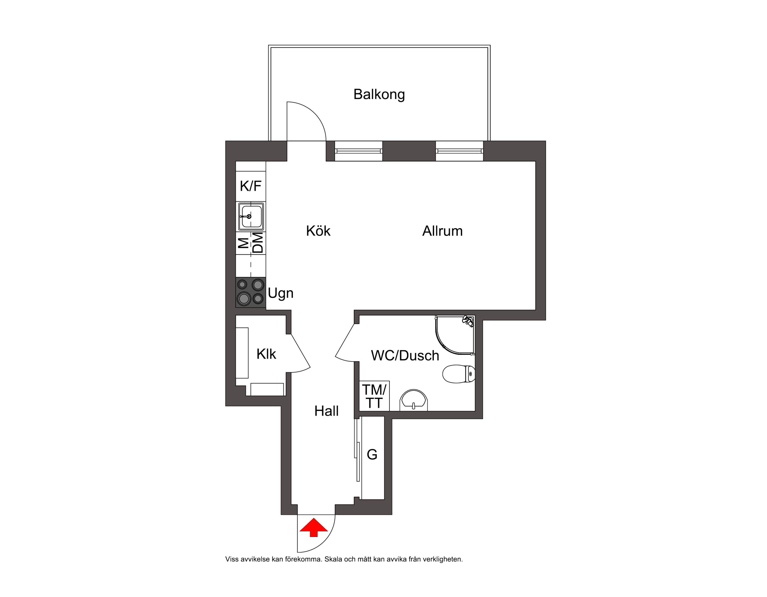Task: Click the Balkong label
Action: click(379, 95)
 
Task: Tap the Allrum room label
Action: click(442, 231)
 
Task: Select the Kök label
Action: click(318, 231)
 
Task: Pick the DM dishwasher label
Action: click(258, 243)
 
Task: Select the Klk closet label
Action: click(266, 354)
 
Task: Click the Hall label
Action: click(326, 411)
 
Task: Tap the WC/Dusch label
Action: click(405, 356)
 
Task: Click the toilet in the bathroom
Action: click(459, 374)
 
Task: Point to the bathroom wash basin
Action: click(414, 400)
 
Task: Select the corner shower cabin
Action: click(455, 334)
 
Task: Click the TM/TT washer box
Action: click(374, 396)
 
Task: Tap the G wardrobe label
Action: click(372, 455)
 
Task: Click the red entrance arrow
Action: click(313, 527)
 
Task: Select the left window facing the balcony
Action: click(358, 151)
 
